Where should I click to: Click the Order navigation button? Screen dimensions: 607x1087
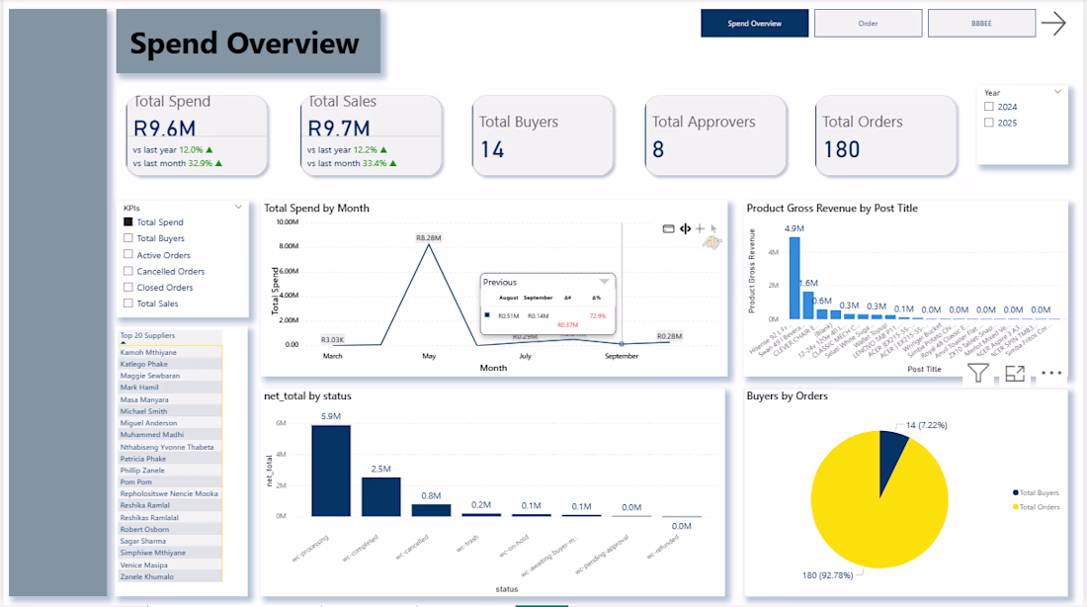[868, 23]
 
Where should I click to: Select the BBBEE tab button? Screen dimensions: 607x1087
[981, 23]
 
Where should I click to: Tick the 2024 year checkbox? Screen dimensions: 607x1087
[989, 107]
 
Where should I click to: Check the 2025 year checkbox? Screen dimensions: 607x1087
[989, 124]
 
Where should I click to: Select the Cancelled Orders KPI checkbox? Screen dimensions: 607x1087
[128, 271]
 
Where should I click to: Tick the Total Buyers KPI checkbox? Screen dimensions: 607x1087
[128, 238]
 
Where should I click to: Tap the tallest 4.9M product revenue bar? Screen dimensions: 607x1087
[794, 278]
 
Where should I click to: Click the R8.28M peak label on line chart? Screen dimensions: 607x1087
[428, 238]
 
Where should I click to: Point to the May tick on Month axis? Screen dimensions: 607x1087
[429, 356]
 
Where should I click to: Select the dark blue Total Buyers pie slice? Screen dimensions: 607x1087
[892, 449]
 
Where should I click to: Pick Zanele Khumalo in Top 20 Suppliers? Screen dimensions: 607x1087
[147, 576]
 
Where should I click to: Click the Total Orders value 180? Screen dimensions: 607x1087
[841, 150]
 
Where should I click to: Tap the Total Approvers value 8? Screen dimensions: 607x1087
[658, 150]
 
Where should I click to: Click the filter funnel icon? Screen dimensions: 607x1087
[978, 373]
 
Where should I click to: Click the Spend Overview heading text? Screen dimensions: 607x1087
[245, 43]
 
